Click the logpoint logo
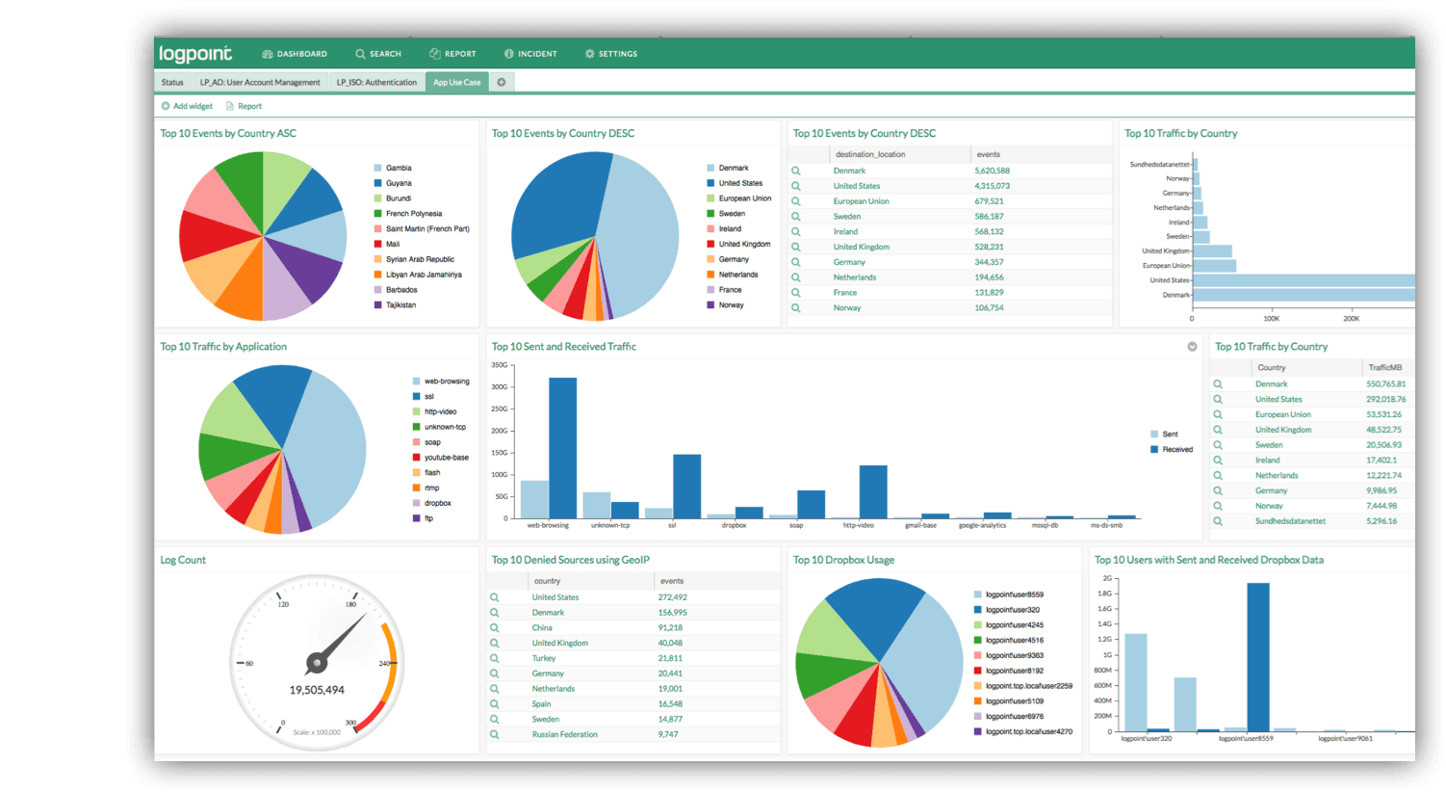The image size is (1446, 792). (195, 54)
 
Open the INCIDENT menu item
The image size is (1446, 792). (531, 54)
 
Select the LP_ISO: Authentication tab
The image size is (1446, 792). (376, 83)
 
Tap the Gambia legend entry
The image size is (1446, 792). (398, 168)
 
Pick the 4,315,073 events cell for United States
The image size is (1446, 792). (992, 186)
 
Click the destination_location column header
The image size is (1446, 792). (870, 154)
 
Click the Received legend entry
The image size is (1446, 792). (1176, 450)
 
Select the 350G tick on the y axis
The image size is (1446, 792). (499, 365)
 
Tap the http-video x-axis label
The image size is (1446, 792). (858, 525)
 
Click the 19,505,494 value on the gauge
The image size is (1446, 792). (317, 690)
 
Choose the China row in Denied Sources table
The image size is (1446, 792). (542, 627)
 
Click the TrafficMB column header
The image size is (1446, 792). (1384, 367)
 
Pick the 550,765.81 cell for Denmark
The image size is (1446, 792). (1385, 384)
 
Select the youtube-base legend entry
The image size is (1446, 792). (446, 458)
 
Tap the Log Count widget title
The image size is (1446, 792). (183, 560)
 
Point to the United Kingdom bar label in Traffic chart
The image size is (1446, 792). (1165, 251)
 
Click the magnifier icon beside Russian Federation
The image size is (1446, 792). (495, 734)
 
